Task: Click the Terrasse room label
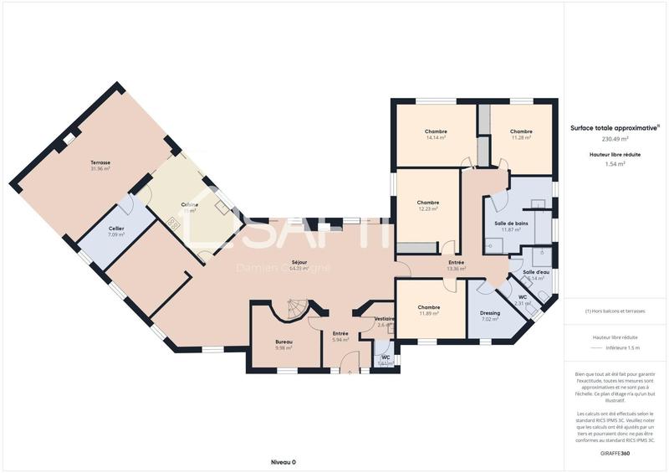[x=100, y=162]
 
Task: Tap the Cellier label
[x=116, y=229]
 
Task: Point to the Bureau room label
[x=284, y=343]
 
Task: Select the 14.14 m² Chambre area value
[x=436, y=137]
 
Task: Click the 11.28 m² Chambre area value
[x=521, y=137]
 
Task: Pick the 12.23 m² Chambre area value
[x=428, y=208]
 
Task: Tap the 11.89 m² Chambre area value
[x=428, y=314]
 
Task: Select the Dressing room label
[x=490, y=313]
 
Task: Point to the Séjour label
[x=299, y=262]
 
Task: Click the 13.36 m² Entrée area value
[x=456, y=269]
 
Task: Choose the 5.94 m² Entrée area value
[x=340, y=340]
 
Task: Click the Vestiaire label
[x=384, y=318]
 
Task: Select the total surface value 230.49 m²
[x=615, y=139]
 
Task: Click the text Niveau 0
[x=283, y=462]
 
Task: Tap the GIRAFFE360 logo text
[x=615, y=453]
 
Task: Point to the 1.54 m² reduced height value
[x=615, y=164]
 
